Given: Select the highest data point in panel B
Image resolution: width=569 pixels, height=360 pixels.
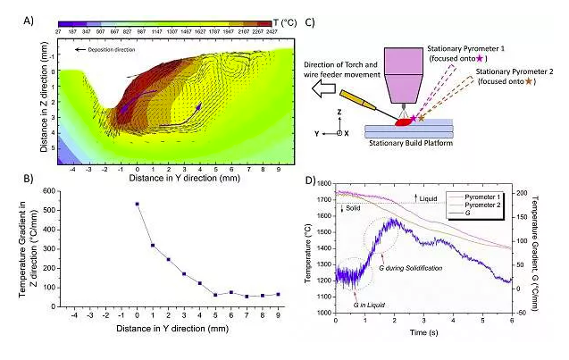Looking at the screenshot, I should coord(137,204).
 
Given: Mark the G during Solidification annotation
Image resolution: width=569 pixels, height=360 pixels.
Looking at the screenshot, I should coord(414,268).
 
